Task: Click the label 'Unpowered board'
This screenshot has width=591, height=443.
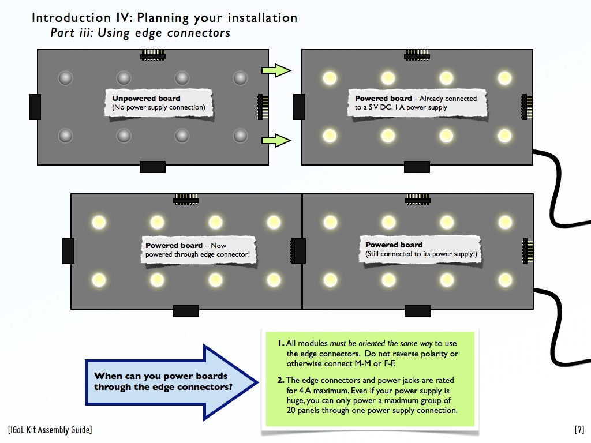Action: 146,98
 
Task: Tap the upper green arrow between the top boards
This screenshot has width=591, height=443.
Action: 276,70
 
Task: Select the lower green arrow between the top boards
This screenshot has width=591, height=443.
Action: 276,141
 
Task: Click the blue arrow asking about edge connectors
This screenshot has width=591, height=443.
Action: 171,382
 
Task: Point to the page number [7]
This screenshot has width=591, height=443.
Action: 579,430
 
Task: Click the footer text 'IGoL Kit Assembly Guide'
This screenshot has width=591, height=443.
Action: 50,430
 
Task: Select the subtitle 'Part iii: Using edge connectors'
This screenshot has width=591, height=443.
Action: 140,33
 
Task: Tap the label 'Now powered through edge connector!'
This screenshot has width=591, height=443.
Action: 197,250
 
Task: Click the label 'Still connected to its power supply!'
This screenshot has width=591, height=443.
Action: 421,254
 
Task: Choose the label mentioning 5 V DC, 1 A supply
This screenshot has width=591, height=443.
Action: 416,103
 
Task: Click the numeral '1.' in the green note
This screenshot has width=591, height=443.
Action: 281,343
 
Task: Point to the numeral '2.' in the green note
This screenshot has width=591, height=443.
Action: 281,380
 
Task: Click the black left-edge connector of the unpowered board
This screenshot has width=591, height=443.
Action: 35,107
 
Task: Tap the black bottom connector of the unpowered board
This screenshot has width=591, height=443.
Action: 152,167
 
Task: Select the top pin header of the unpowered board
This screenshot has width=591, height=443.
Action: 152,55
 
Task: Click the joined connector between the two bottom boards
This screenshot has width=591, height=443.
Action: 298,251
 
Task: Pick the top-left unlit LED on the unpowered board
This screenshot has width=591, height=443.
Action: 66,78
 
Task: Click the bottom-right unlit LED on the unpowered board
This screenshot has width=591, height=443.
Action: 241,136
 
